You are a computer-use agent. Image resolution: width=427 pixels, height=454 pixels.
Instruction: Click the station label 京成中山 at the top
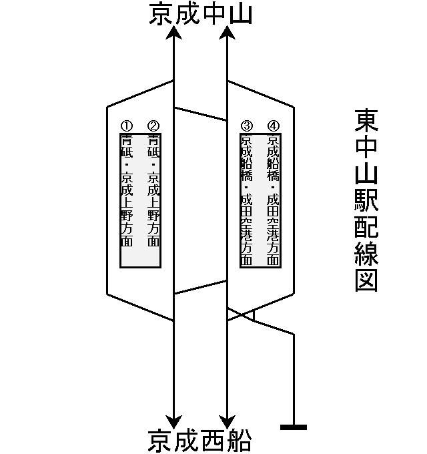[201, 14]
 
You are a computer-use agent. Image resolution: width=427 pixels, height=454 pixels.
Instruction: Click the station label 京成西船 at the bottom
[200, 441]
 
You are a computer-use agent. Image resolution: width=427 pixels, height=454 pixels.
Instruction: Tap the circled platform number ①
[127, 126]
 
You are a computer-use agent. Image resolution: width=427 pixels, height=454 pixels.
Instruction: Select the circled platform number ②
[153, 126]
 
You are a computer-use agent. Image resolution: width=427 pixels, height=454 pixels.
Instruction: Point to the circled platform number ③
[247, 126]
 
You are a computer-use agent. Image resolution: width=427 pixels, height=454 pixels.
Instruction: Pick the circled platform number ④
[273, 126]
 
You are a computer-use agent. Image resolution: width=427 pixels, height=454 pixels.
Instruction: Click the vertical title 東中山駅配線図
[366, 200]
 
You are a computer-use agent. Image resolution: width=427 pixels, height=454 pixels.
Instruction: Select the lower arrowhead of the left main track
[174, 421]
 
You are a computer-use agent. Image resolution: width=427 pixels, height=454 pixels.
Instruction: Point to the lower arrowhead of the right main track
[227, 421]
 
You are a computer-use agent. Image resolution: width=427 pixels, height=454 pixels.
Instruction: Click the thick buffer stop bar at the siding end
[294, 427]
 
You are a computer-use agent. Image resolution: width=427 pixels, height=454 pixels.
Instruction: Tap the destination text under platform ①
[127, 190]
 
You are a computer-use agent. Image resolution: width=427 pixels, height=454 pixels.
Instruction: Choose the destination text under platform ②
[153, 190]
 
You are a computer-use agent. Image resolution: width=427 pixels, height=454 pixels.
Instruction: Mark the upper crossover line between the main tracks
[200, 113]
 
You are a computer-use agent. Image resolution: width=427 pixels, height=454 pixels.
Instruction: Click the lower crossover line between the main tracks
[200, 286]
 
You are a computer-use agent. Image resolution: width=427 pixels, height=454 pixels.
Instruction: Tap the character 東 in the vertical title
[366, 120]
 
